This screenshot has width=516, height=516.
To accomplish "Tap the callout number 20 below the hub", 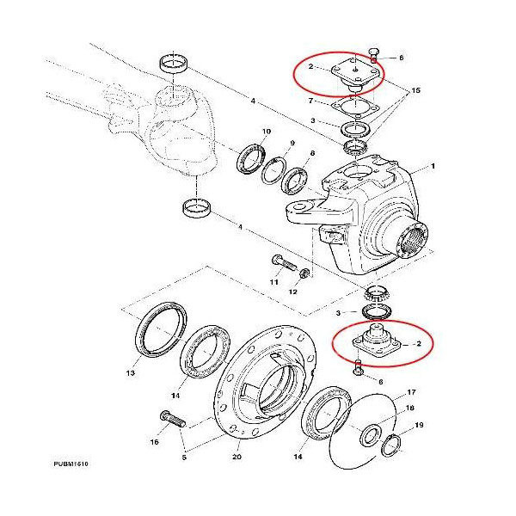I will coord(236,457).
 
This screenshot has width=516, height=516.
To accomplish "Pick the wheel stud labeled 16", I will coord(169,421).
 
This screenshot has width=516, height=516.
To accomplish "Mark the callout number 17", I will coord(412,391).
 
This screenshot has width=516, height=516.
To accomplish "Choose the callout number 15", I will coord(416,90).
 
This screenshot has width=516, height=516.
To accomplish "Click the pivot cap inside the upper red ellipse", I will coord(355,71).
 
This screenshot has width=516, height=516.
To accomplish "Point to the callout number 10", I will coord(267,132).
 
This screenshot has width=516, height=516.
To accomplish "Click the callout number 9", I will coord(292,143).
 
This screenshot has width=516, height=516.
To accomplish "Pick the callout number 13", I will coord(132,374).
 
